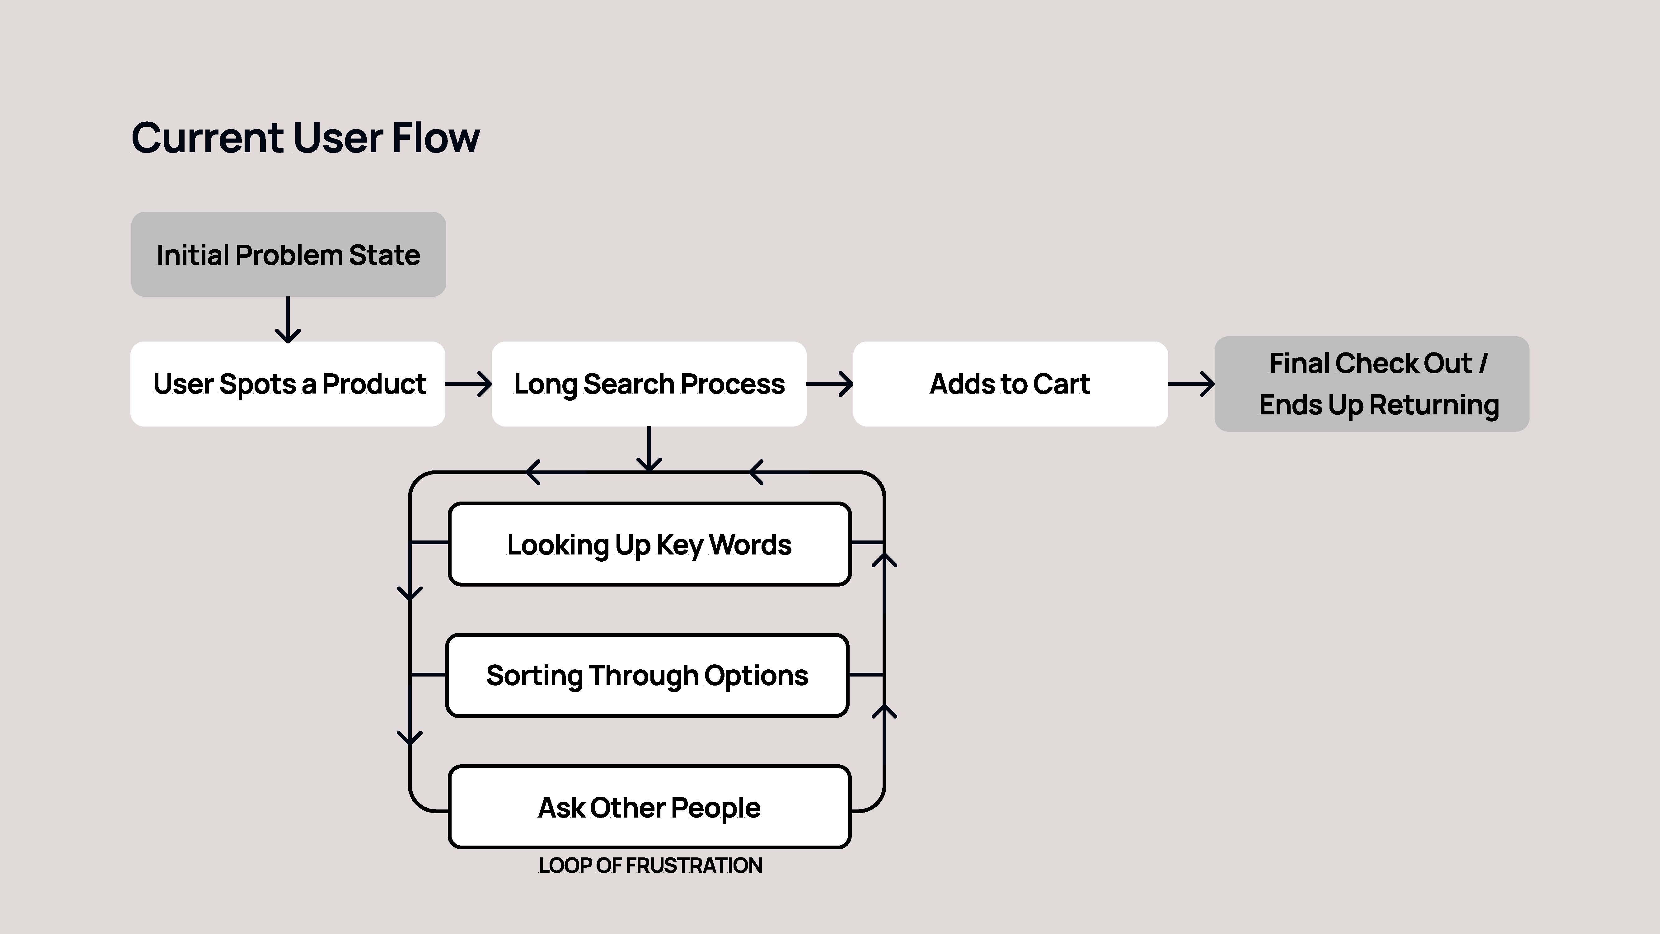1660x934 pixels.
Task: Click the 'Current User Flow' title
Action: pos(305,138)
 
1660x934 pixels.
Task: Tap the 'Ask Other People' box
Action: pos(649,807)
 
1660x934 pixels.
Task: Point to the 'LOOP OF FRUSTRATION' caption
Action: pos(650,865)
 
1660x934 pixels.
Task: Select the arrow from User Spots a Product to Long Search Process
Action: pos(468,384)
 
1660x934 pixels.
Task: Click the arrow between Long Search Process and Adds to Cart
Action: pos(830,384)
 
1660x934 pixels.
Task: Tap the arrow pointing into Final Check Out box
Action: pos(1192,384)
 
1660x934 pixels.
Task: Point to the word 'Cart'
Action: pos(1061,384)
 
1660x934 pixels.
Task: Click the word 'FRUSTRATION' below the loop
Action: pos(694,865)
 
